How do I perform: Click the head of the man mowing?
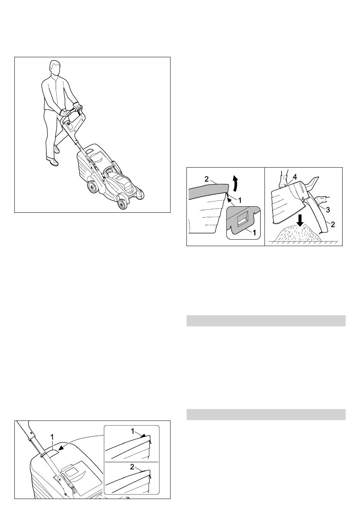click(x=55, y=68)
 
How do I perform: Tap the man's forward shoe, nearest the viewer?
click(x=52, y=161)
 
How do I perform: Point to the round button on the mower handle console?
click(x=69, y=124)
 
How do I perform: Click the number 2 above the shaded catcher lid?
click(x=207, y=179)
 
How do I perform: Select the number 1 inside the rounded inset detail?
click(x=254, y=232)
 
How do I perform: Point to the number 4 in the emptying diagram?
click(x=295, y=177)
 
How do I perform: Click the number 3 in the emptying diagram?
click(x=328, y=210)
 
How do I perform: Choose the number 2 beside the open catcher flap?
click(x=333, y=224)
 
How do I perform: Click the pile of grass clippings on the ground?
click(x=299, y=234)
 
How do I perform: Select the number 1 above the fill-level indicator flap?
click(x=52, y=437)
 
